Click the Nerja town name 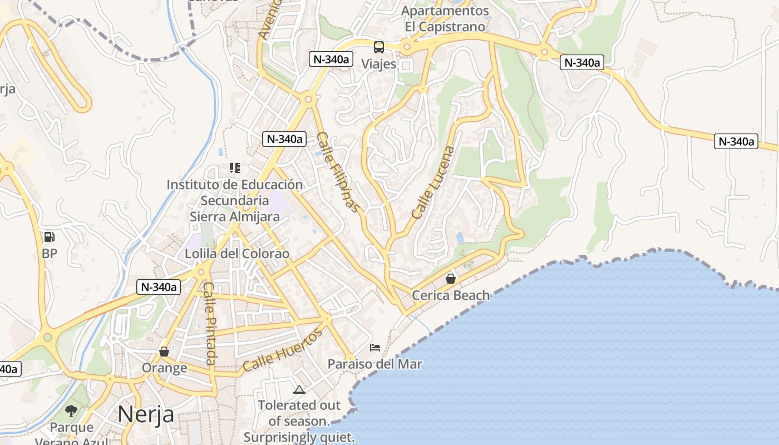(146, 414)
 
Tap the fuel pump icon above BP (50, 237)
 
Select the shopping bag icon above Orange (164, 352)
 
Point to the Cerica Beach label (451, 295)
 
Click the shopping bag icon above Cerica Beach (451, 279)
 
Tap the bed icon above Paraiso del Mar (376, 348)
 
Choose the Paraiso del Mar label (374, 364)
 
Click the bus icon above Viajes (379, 47)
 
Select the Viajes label (379, 64)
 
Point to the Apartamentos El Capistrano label (445, 18)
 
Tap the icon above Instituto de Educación (235, 167)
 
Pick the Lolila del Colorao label (237, 254)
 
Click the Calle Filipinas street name (338, 172)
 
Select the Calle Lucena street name (433, 182)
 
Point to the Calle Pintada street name (210, 324)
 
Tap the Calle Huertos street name (282, 350)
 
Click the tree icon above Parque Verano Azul (71, 411)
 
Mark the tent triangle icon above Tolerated (299, 389)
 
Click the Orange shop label (164, 368)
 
